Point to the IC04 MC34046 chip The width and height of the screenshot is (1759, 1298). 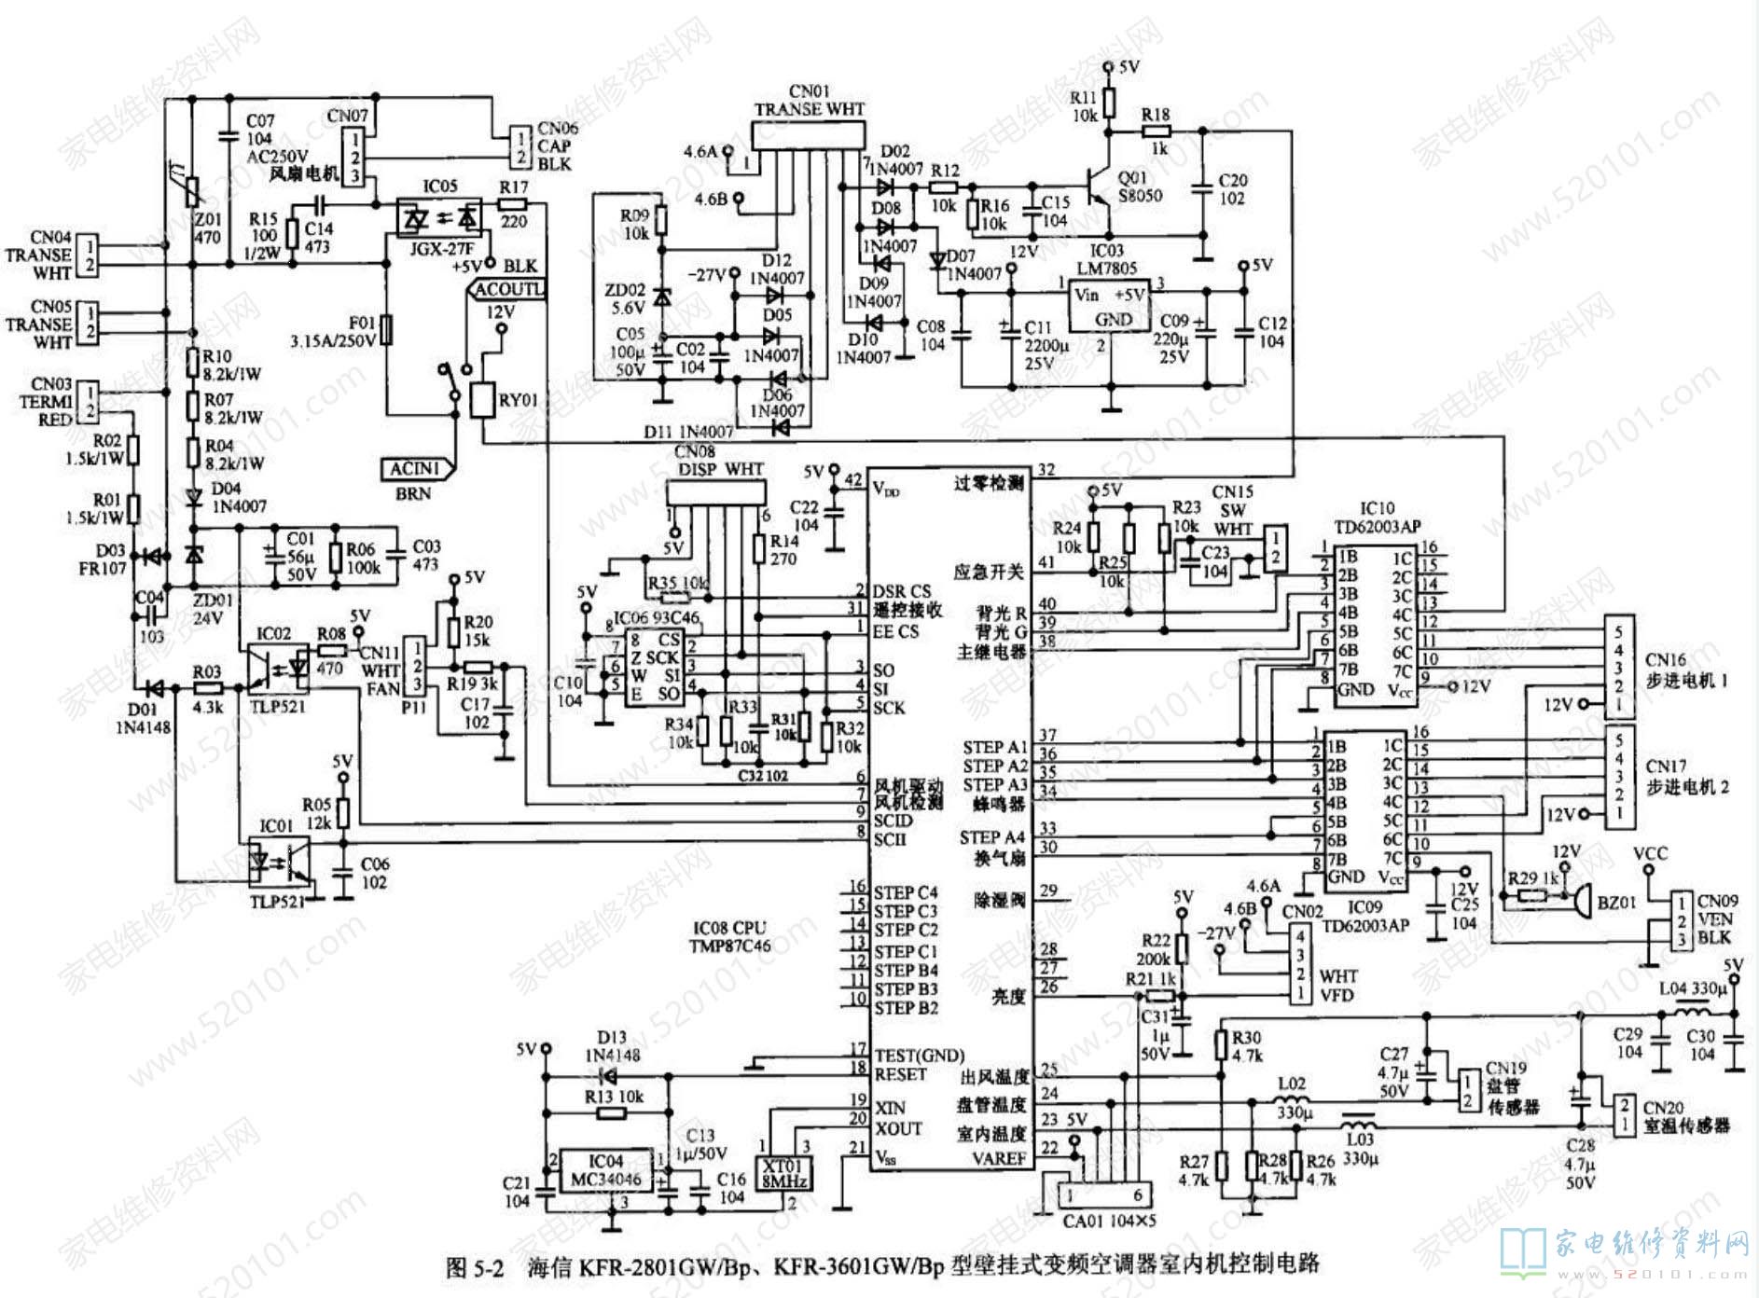tap(605, 1170)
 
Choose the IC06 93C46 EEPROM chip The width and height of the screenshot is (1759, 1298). tap(654, 668)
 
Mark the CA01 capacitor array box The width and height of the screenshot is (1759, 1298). tap(1104, 1194)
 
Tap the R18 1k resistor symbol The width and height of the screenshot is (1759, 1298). tap(1156, 131)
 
